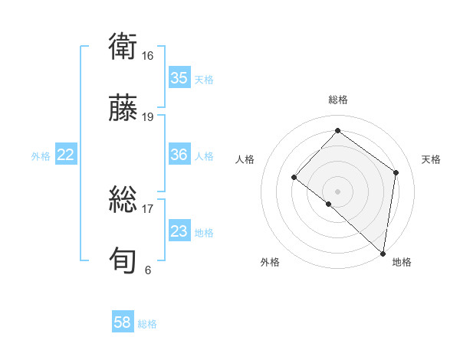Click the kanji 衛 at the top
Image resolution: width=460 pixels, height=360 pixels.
[x=123, y=47]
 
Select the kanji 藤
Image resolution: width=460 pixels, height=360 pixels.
[x=123, y=107]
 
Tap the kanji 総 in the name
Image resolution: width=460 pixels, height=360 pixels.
[x=123, y=199]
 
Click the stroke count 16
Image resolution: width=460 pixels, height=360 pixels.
[x=148, y=56]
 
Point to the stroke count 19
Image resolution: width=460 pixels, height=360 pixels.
[x=148, y=117]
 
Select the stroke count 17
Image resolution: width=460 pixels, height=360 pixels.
[x=148, y=208]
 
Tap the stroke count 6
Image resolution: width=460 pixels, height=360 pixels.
[x=148, y=270]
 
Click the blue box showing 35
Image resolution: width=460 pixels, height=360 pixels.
[x=179, y=78]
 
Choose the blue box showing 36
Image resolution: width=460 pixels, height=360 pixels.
[x=179, y=155]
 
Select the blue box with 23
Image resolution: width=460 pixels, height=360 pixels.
[x=179, y=231]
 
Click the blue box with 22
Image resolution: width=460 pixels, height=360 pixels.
[x=65, y=155]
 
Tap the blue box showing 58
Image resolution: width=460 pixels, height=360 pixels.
[x=123, y=322]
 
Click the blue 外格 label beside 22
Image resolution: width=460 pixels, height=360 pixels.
[x=41, y=156]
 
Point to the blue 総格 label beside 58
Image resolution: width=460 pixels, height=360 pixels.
[x=147, y=324]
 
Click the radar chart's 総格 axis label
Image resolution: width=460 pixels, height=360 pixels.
[x=337, y=100]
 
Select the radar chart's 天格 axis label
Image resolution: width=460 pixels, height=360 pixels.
[x=431, y=159]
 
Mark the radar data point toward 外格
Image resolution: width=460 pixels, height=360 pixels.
[x=329, y=204]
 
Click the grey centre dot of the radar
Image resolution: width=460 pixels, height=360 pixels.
[x=337, y=191]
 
